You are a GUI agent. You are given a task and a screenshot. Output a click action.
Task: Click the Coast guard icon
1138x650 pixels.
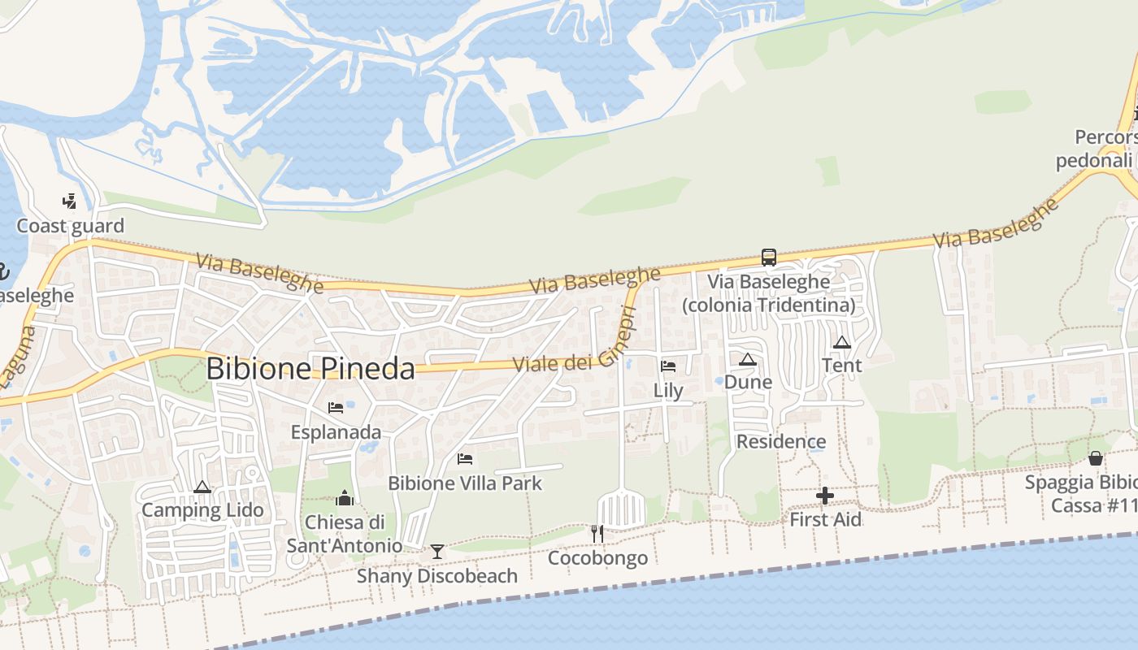[x=70, y=201]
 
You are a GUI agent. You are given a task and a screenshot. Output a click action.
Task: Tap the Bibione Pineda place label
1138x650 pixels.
[x=310, y=368]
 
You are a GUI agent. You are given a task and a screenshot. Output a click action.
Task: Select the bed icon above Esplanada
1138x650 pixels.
[x=335, y=408]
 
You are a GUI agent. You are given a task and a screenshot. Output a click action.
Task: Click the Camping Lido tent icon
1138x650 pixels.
[x=202, y=487]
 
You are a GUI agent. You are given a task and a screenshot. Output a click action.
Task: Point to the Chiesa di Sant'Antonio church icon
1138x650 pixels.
[x=345, y=498]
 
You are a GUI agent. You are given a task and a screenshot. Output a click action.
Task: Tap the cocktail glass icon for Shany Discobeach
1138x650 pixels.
[x=437, y=552]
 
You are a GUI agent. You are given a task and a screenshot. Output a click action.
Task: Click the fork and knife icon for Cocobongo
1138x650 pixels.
[x=597, y=534]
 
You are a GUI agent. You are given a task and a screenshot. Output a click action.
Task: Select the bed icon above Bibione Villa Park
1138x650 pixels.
[x=465, y=459]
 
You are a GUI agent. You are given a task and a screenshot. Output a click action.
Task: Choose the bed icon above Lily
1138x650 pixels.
[x=668, y=366]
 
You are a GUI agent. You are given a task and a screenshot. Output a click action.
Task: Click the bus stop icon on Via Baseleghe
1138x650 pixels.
[x=768, y=258]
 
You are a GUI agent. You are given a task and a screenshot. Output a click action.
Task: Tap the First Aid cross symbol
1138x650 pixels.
[x=825, y=496]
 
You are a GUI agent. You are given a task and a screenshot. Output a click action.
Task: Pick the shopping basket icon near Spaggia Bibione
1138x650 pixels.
[x=1096, y=458]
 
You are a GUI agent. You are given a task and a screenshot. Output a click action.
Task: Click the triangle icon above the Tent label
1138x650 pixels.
[x=842, y=343]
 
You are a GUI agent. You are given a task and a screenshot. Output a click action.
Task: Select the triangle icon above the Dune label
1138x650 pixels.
[x=748, y=359]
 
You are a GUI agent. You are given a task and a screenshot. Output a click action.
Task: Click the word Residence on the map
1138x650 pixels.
[x=781, y=442]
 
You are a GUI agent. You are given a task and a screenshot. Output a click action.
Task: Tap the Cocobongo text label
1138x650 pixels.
[x=597, y=558]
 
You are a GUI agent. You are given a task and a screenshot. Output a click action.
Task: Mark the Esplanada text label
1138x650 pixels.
[x=336, y=432]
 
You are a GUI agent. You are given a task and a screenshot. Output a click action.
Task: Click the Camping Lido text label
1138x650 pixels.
[x=202, y=510]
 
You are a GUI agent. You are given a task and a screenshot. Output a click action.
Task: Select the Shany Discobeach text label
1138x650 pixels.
[x=437, y=576]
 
